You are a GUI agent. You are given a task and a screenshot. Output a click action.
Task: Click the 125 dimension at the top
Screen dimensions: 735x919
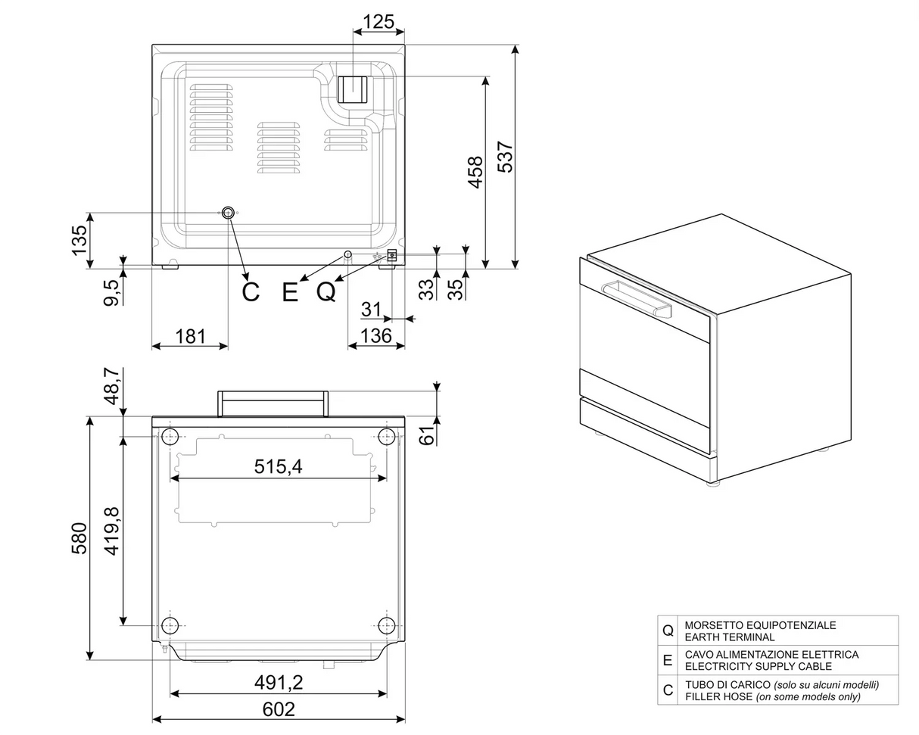click(379, 21)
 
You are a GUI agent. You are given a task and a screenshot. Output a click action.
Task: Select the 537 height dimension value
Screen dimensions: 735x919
click(505, 157)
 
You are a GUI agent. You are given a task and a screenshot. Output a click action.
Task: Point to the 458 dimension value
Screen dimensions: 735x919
click(475, 172)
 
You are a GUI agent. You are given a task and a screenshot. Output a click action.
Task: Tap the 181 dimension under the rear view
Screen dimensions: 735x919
click(190, 335)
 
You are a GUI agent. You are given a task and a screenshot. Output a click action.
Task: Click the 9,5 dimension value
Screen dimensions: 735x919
click(111, 292)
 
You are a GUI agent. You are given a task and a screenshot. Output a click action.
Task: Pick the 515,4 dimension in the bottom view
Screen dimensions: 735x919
click(278, 466)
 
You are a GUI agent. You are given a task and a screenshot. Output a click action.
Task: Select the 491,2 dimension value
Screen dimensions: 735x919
click(279, 682)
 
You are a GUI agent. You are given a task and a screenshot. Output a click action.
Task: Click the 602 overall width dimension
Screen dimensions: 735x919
click(279, 709)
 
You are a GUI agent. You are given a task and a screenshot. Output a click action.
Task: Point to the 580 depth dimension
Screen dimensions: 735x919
click(79, 537)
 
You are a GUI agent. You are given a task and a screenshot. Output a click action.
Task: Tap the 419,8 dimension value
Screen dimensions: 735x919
click(112, 531)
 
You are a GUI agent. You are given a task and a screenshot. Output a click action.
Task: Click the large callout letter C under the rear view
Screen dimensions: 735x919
click(251, 291)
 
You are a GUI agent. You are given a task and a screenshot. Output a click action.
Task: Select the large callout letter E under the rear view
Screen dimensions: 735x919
click(290, 291)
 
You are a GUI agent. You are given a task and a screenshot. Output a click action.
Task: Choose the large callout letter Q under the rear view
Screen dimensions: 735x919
click(326, 291)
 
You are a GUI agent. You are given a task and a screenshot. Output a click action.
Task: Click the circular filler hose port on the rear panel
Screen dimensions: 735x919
click(228, 213)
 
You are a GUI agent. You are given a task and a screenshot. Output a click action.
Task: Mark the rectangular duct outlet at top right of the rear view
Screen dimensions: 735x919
click(352, 90)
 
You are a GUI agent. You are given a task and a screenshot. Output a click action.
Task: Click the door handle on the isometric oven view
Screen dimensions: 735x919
click(637, 298)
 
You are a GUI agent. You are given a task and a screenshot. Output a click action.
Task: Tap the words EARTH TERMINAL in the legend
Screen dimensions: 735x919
click(729, 637)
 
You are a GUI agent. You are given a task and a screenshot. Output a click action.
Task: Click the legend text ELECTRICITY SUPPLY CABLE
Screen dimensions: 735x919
click(758, 666)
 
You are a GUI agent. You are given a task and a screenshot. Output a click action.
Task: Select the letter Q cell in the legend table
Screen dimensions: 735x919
click(668, 631)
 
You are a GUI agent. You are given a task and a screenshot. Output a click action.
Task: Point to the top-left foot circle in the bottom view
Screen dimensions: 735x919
click(170, 436)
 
